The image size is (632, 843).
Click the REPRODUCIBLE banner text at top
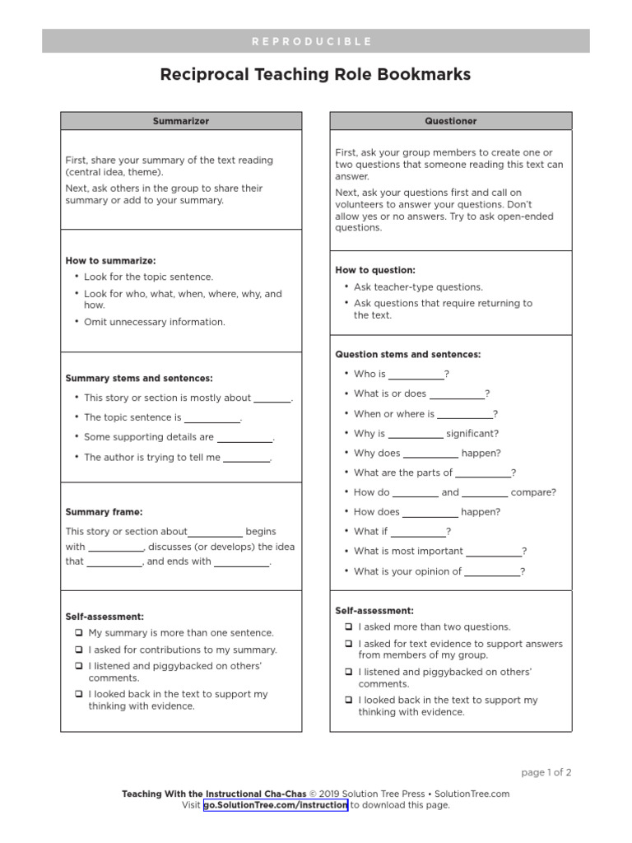pos(316,41)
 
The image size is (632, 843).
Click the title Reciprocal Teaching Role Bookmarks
pos(316,75)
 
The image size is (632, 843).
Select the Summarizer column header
pos(181,121)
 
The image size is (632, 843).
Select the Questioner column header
pos(451,121)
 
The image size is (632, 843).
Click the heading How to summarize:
pos(110,261)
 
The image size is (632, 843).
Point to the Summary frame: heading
pos(104,512)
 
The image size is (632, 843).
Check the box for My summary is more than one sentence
pos(78,633)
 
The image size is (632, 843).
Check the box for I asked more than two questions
pos(348,627)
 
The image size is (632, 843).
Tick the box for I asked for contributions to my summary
pos(78,650)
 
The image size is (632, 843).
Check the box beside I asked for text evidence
pos(348,644)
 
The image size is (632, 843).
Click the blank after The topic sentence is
pos(211,418)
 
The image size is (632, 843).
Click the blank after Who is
pos(416,375)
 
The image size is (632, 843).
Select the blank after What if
pos(418,533)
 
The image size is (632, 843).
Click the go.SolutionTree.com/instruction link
pos(276,805)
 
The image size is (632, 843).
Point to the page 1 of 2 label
pos(546,772)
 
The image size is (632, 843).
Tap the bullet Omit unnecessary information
pos(154,322)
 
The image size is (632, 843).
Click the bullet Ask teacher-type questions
pos(418,287)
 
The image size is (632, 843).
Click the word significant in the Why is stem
pos(472,434)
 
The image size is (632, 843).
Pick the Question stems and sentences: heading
pos(408,355)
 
